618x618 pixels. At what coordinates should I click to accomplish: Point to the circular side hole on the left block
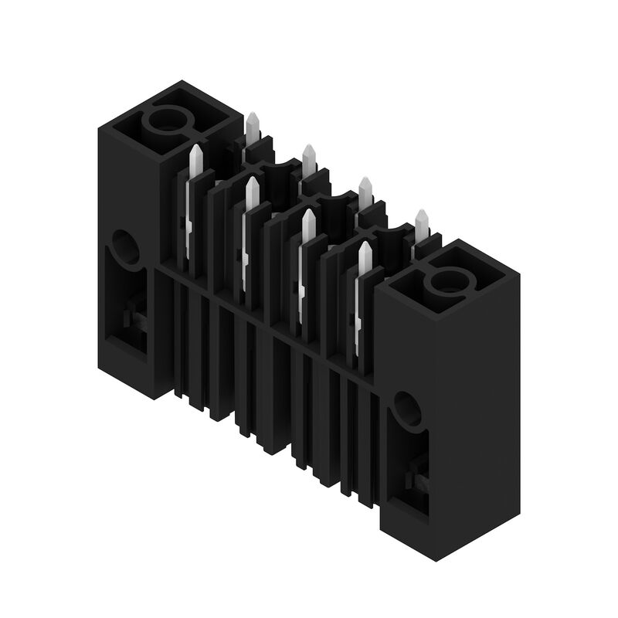125,246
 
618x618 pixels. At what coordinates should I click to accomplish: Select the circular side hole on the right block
406,407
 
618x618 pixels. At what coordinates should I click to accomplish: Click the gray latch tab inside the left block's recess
134,318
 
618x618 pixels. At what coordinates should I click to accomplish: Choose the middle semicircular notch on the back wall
334,199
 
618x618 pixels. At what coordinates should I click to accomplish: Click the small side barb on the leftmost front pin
188,224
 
